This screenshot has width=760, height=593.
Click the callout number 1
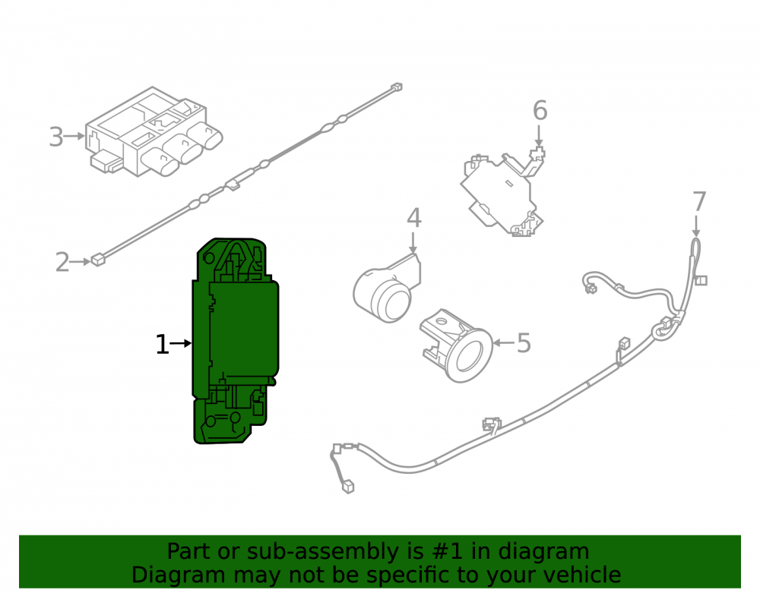[x=162, y=345]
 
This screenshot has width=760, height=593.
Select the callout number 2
[x=62, y=263]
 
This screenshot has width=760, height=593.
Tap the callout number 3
[x=56, y=137]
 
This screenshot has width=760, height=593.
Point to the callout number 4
[x=413, y=219]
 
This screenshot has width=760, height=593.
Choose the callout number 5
[x=524, y=342]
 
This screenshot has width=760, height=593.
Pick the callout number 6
[x=540, y=111]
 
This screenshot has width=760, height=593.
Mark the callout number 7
[x=699, y=201]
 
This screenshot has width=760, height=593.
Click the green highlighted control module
[x=235, y=341]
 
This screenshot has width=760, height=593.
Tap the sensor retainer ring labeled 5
[x=456, y=345]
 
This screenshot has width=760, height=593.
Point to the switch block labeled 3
[x=154, y=131]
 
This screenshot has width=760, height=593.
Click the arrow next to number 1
[x=180, y=344]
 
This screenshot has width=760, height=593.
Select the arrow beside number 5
[x=504, y=342]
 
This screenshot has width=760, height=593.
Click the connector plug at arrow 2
[x=98, y=260]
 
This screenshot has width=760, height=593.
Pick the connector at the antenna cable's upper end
[x=397, y=87]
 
